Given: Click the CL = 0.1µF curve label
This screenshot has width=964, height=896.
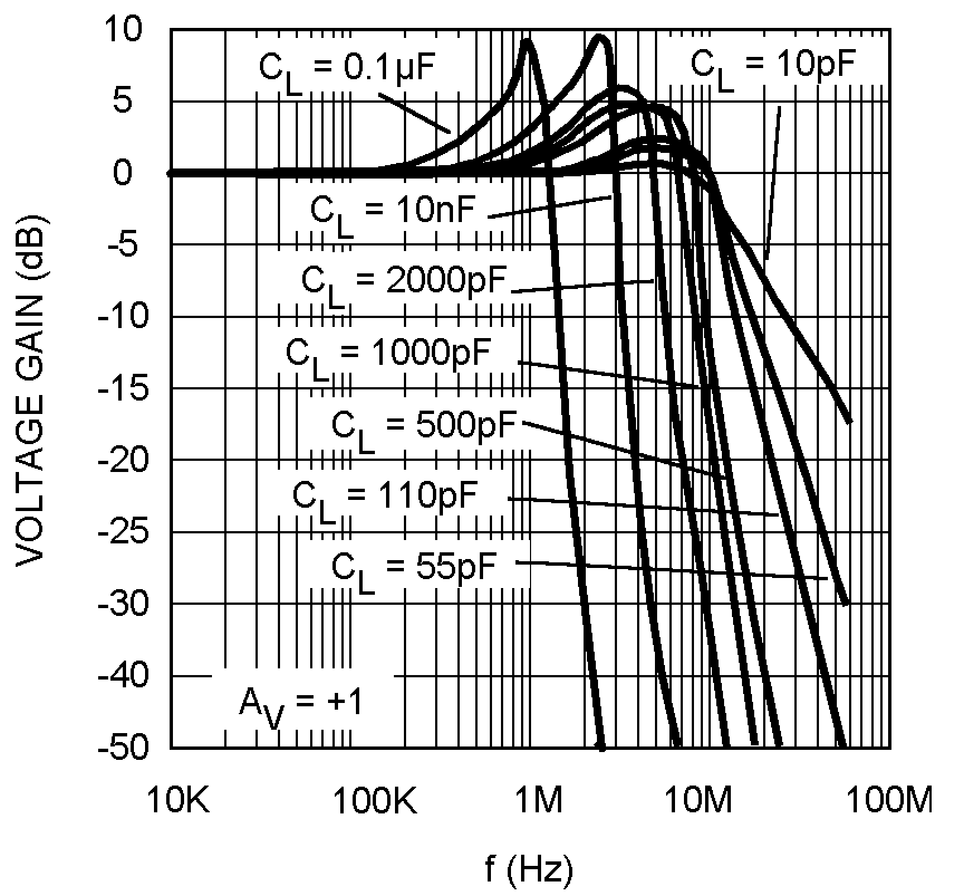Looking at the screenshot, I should pos(346,70).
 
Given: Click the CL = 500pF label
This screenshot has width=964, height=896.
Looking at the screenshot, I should pos(424,427).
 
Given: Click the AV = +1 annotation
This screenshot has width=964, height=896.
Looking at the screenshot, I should pos(301,703).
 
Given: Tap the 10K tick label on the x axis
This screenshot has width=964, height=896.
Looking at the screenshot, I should pos(178,801).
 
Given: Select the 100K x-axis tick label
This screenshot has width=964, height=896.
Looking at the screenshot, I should pos(375,801).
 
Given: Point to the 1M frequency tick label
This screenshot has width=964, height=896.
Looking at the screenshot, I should pos(538,801).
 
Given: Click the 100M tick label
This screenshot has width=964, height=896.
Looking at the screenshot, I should pos(890,801).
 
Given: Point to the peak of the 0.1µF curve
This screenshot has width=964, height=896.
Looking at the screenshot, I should pos(527,40).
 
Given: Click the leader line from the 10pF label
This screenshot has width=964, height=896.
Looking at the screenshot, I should pos(773,184).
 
